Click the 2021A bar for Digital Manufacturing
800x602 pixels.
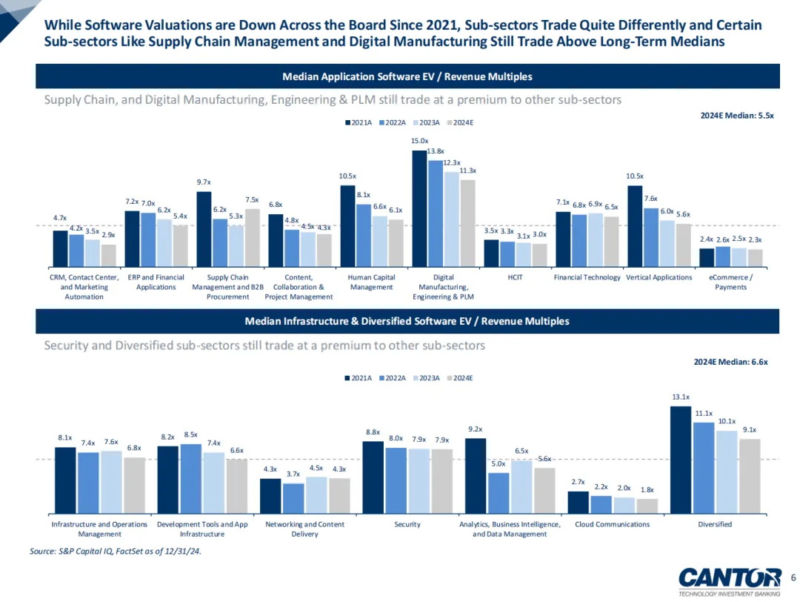click(x=419, y=208)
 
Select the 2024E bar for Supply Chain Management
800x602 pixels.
click(x=252, y=237)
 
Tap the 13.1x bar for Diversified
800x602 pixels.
click(x=681, y=459)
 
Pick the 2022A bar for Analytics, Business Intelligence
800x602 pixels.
click(x=499, y=492)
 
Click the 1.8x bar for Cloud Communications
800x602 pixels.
click(x=647, y=505)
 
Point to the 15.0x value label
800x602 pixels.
click(x=420, y=141)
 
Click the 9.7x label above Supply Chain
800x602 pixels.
click(x=204, y=182)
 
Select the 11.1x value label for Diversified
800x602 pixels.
click(x=704, y=414)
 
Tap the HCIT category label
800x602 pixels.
click(x=515, y=277)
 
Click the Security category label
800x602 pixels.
click(x=407, y=524)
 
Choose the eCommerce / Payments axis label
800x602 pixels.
click(x=730, y=282)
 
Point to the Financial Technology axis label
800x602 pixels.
click(x=587, y=277)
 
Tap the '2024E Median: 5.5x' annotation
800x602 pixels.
click(x=737, y=116)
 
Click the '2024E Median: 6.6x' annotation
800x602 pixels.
click(x=731, y=362)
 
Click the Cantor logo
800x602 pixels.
click(x=729, y=578)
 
